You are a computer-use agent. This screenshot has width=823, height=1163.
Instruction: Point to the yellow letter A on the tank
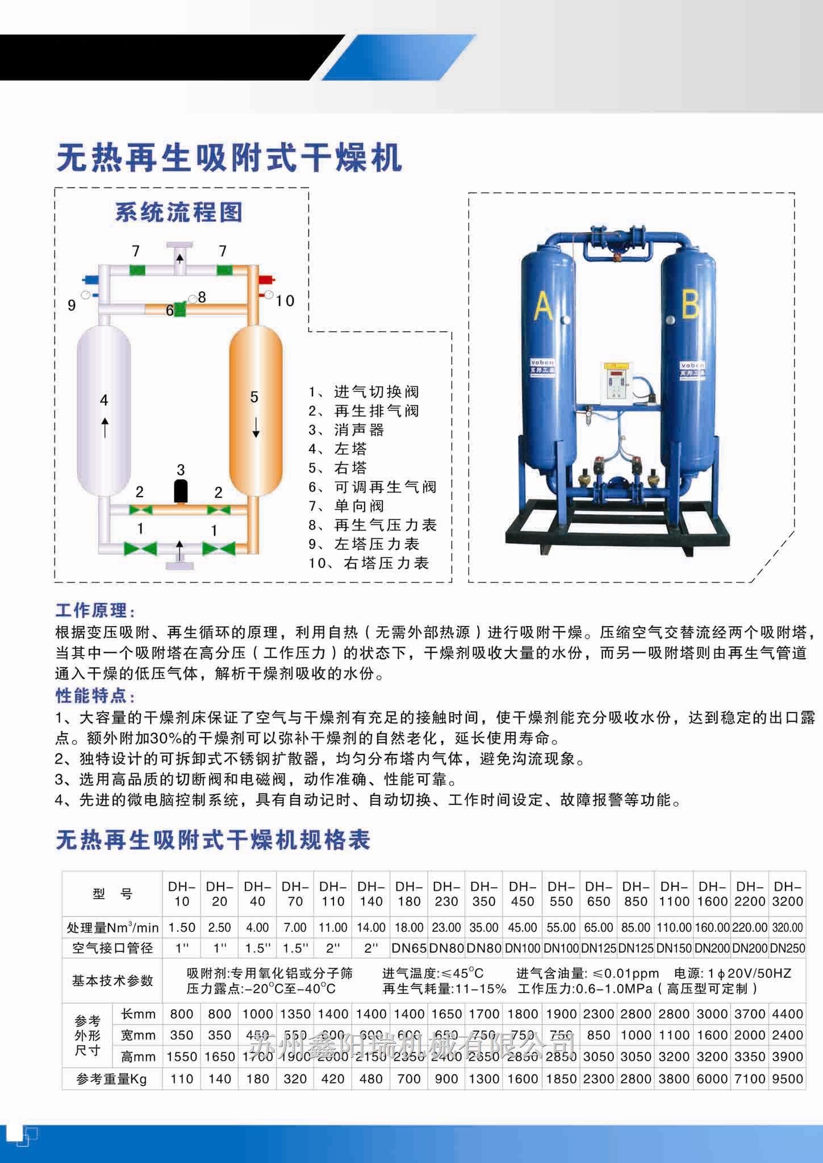pyautogui.click(x=544, y=309)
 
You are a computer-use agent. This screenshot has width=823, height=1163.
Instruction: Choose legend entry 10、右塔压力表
pyautogui.click(x=369, y=563)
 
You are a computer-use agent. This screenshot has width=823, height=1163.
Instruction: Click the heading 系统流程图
pyautogui.click(x=179, y=212)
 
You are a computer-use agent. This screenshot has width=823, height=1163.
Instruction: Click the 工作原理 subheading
pyautogui.click(x=95, y=611)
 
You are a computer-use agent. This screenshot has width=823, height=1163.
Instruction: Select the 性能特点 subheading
pyautogui.click(x=95, y=696)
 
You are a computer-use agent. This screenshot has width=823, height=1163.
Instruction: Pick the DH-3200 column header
pyautogui.click(x=787, y=894)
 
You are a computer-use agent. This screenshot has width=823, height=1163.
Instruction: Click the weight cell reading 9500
pyautogui.click(x=787, y=1078)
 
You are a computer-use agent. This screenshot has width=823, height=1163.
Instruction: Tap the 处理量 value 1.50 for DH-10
pyautogui.click(x=182, y=927)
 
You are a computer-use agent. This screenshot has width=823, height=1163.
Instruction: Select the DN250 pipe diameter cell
pyautogui.click(x=787, y=948)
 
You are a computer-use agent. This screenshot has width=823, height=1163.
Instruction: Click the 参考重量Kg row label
pyautogui.click(x=112, y=1078)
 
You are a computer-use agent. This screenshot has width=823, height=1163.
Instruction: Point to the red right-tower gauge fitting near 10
pyautogui.click(x=266, y=280)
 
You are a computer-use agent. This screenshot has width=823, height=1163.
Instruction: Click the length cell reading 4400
pyautogui.click(x=787, y=1014)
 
